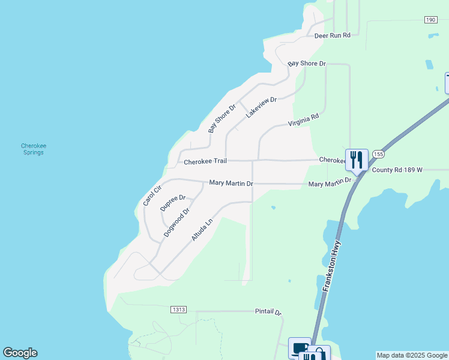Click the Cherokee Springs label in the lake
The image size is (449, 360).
pyautogui.click(x=34, y=149)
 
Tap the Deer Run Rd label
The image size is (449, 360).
pyautogui.click(x=333, y=35)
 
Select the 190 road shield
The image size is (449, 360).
pyautogui.click(x=430, y=20)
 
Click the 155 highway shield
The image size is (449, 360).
pyautogui.click(x=378, y=154)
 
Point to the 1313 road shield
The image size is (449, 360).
pyautogui.click(x=178, y=310)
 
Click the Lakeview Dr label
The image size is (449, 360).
pyautogui.click(x=261, y=107)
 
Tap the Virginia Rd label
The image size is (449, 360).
pyautogui.click(x=303, y=121)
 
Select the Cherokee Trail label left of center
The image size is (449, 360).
pyautogui.click(x=205, y=161)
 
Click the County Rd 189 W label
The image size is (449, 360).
pyautogui.click(x=397, y=170)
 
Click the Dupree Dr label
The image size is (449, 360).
pyautogui.click(x=173, y=203)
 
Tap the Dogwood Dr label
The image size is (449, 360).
pyautogui.click(x=176, y=222)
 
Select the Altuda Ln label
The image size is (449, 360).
pyautogui.click(x=202, y=230)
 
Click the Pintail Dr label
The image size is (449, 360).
pyautogui.click(x=268, y=312)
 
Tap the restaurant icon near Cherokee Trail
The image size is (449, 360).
pyautogui.click(x=357, y=160)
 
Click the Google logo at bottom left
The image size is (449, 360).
pyautogui.click(x=20, y=353)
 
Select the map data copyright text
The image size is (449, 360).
pyautogui.click(x=412, y=355)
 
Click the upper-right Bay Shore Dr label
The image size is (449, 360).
pyautogui.click(x=307, y=63)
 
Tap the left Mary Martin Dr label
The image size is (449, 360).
pyautogui.click(x=231, y=182)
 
